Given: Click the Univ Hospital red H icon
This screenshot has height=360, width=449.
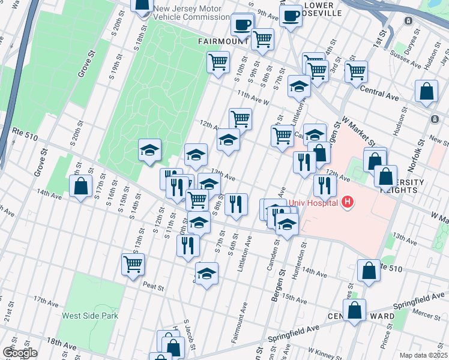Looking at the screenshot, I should pyautogui.click(x=346, y=203).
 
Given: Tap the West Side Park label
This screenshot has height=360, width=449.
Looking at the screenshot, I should pyautogui.click(x=90, y=316).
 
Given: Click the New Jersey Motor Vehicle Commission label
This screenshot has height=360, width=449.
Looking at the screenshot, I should pyautogui.click(x=187, y=13).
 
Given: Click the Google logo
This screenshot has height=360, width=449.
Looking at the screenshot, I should pyautogui.click(x=19, y=353).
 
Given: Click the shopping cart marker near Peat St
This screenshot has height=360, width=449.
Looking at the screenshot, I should pyautogui.click(x=133, y=263).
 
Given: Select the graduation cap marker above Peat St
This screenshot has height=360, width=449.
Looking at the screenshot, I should pyautogui.click(x=206, y=274).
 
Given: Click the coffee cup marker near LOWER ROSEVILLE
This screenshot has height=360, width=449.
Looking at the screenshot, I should pyautogui.click(x=291, y=16).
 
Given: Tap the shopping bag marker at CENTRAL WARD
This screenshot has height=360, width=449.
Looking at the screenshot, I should pyautogui.click(x=355, y=311).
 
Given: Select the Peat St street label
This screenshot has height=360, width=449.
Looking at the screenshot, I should pyautogui.click(x=153, y=287).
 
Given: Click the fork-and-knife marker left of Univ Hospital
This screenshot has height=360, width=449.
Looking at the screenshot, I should pyautogui.click(x=304, y=162).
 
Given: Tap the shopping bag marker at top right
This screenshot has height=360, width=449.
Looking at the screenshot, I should pyautogui.click(x=426, y=92).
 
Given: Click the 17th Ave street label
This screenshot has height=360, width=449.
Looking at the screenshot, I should pyautogui.click(x=44, y=299).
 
